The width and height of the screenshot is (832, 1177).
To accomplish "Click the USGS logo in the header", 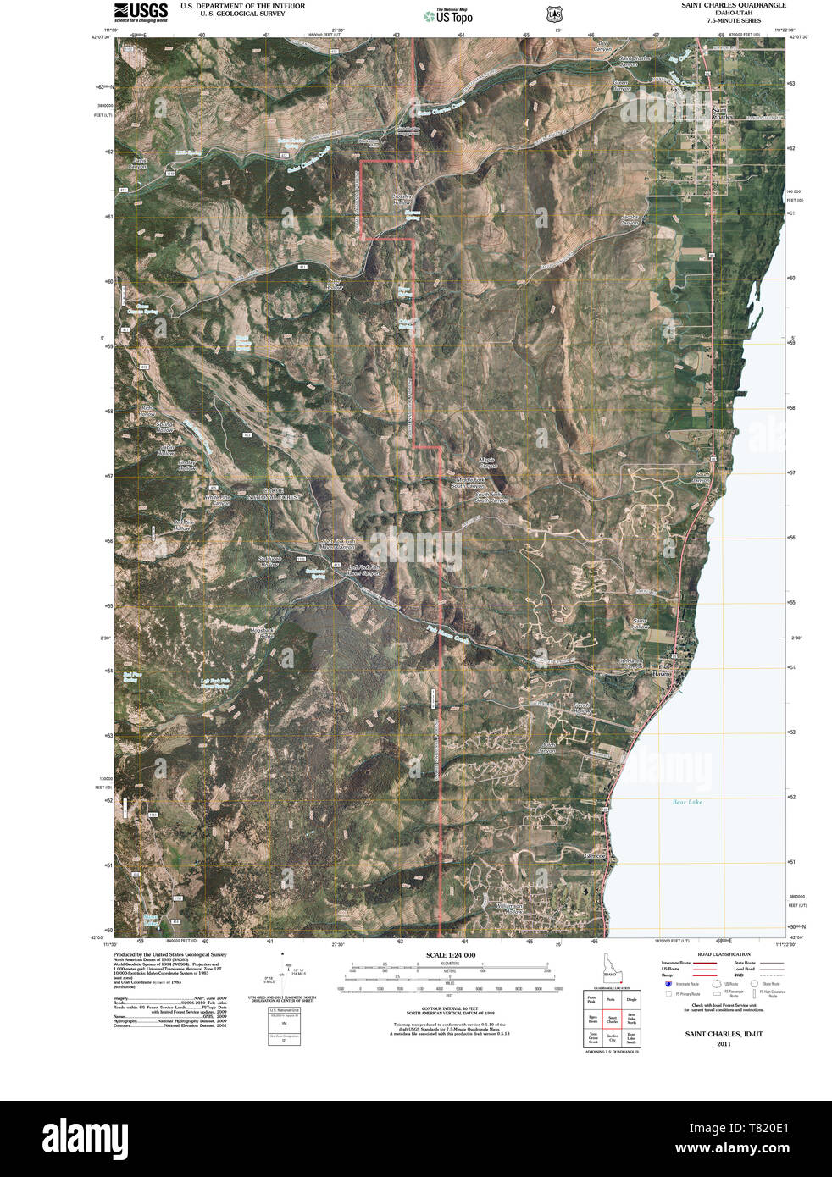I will pos(141,12).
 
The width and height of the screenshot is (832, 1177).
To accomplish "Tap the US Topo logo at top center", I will pos(449,15).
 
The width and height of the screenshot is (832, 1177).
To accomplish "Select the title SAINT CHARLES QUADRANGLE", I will pos(734,5).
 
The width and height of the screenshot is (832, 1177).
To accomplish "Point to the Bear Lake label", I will pos(687,802).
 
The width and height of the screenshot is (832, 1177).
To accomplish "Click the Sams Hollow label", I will pos(641,624).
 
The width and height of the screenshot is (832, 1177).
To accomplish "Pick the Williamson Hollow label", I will pos(510,908).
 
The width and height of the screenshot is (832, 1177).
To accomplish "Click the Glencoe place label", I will pos(596,856).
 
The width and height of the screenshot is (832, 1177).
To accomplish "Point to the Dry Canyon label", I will pos(602,47).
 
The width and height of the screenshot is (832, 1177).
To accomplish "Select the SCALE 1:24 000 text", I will pos(450,955).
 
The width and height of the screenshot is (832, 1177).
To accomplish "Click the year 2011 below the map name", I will pos(723,1043).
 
